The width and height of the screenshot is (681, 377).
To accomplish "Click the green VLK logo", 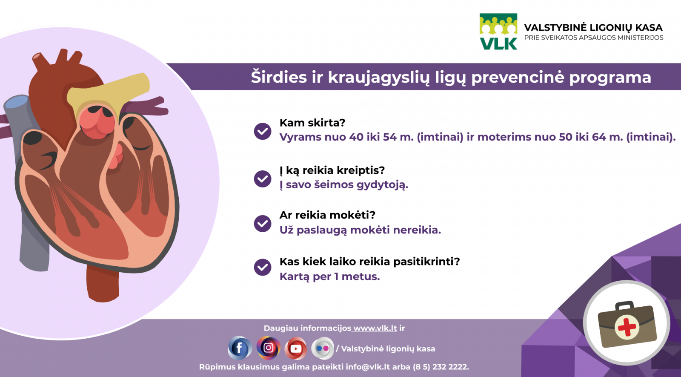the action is pyautogui.click(x=498, y=32).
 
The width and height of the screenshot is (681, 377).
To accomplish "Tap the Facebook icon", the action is pyautogui.click(x=240, y=348).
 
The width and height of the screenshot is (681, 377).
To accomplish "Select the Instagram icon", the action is pyautogui.click(x=268, y=348).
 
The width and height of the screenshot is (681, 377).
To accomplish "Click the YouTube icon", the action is pyautogui.click(x=296, y=348).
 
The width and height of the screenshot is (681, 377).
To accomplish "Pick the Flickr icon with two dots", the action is pyautogui.click(x=323, y=348).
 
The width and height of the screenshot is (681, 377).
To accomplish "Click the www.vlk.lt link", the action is pyautogui.click(x=375, y=328).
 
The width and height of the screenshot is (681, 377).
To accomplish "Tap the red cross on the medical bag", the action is pyautogui.click(x=627, y=327).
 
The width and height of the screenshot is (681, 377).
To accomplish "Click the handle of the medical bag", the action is pyautogui.click(x=624, y=305).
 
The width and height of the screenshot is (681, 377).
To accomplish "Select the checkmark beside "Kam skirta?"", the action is pyautogui.click(x=263, y=132).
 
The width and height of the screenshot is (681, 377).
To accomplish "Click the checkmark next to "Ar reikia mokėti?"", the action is pyautogui.click(x=263, y=224).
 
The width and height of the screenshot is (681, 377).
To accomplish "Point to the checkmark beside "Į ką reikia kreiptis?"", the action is pyautogui.click(x=263, y=179).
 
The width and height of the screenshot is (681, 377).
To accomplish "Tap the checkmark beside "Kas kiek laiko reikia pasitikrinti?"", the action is pyautogui.click(x=263, y=267).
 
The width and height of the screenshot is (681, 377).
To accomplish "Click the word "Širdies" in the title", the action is pyautogui.click(x=279, y=77).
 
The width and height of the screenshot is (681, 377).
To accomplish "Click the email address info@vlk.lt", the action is pyautogui.click(x=368, y=367).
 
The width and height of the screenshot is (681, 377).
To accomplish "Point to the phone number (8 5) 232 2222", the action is pyautogui.click(x=441, y=367).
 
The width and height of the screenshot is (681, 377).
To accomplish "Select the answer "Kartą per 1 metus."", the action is pyautogui.click(x=329, y=276).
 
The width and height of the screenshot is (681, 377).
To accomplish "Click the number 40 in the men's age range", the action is pyautogui.click(x=356, y=137).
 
